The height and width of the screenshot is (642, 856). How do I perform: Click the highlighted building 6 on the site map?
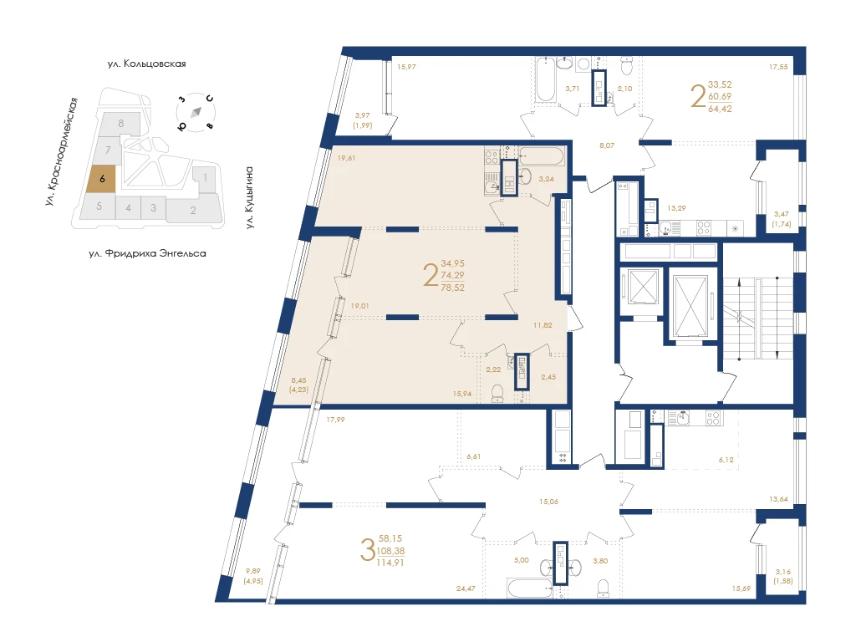(101, 179)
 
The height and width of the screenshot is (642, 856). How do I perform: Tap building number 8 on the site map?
(121, 124)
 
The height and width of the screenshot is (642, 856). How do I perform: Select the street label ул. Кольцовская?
(147, 64)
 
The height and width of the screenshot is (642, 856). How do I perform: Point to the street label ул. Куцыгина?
(249, 197)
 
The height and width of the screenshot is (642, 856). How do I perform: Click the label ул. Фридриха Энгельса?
(147, 254)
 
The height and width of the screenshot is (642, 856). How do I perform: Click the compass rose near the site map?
(196, 113)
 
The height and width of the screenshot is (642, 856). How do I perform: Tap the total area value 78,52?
(452, 288)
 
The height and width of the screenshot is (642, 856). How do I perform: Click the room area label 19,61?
(346, 158)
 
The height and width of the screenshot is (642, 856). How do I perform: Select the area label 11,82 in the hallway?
(543, 325)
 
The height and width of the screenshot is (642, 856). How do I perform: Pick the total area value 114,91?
(390, 563)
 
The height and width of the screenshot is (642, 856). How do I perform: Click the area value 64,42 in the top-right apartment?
(720, 109)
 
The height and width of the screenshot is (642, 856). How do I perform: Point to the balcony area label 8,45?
(298, 380)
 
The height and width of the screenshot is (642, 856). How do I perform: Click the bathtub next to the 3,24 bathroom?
(541, 156)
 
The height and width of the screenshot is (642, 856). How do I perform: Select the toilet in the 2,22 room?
(497, 394)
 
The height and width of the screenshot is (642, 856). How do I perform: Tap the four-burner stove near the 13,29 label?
(704, 228)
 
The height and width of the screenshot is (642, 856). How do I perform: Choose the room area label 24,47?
(466, 588)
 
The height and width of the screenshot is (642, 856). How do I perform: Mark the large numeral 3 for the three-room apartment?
(368, 550)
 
